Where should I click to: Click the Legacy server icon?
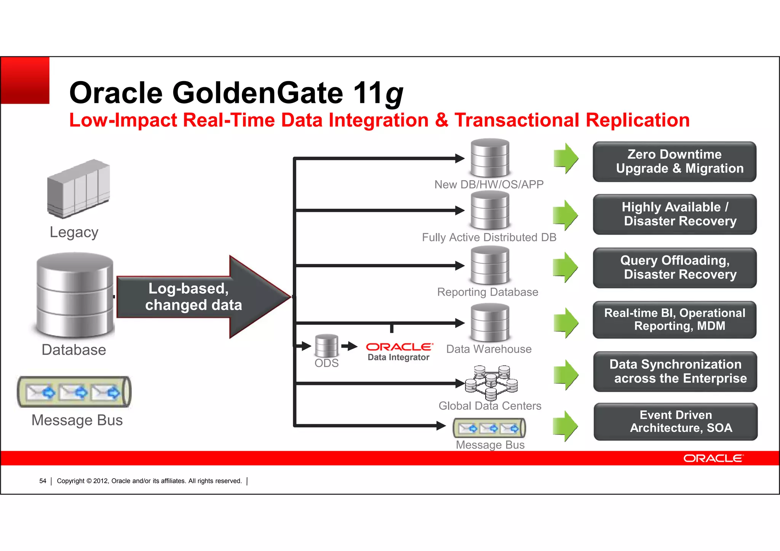(78, 189)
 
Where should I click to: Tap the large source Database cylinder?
(75, 295)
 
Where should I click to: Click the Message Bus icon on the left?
(74, 392)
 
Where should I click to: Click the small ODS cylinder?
(326, 345)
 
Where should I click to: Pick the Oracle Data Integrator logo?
(399, 351)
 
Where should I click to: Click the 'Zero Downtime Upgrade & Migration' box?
(674, 161)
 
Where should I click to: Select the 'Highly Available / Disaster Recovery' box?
(675, 214)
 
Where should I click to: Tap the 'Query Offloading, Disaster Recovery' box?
(675, 267)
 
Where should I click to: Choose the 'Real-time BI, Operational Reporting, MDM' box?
(675, 319)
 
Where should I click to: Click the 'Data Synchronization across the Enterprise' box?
(675, 371)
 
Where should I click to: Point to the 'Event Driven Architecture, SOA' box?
(675, 422)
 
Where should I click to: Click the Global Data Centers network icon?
(491, 382)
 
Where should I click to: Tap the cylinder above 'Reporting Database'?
(490, 265)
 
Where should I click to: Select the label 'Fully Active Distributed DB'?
(489, 237)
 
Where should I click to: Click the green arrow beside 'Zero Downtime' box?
(566, 158)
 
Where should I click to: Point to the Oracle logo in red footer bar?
(713, 458)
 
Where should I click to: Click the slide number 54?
(43, 481)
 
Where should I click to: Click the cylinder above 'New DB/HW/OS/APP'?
(490, 158)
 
